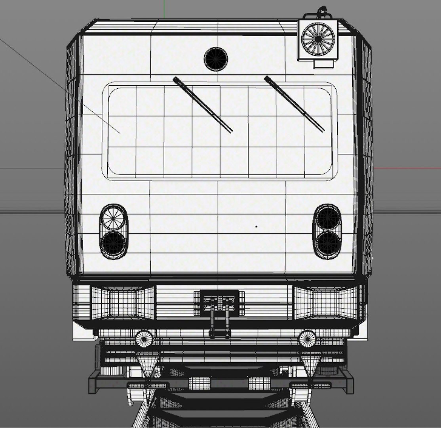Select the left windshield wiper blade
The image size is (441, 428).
click(x=202, y=103)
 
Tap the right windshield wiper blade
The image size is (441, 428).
click(x=294, y=103)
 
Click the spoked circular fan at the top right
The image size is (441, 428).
click(x=318, y=38)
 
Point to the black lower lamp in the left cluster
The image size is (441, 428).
click(x=114, y=243)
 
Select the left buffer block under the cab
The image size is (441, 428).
click(x=123, y=304)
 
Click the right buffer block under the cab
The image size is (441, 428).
click(x=324, y=303)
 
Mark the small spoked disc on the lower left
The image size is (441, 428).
click(x=144, y=339)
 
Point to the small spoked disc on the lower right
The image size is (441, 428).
click(x=307, y=338)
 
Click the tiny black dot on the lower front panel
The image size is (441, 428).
click(x=256, y=227)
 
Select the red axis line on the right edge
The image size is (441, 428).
click(x=408, y=168)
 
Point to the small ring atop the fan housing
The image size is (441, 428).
click(x=323, y=10)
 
